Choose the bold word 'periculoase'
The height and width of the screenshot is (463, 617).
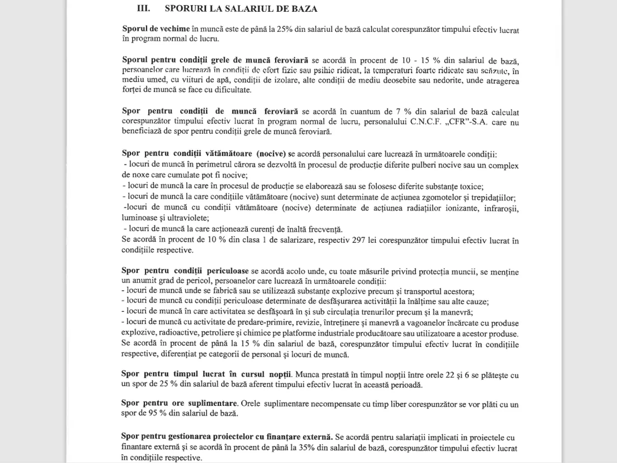click(226, 271)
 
